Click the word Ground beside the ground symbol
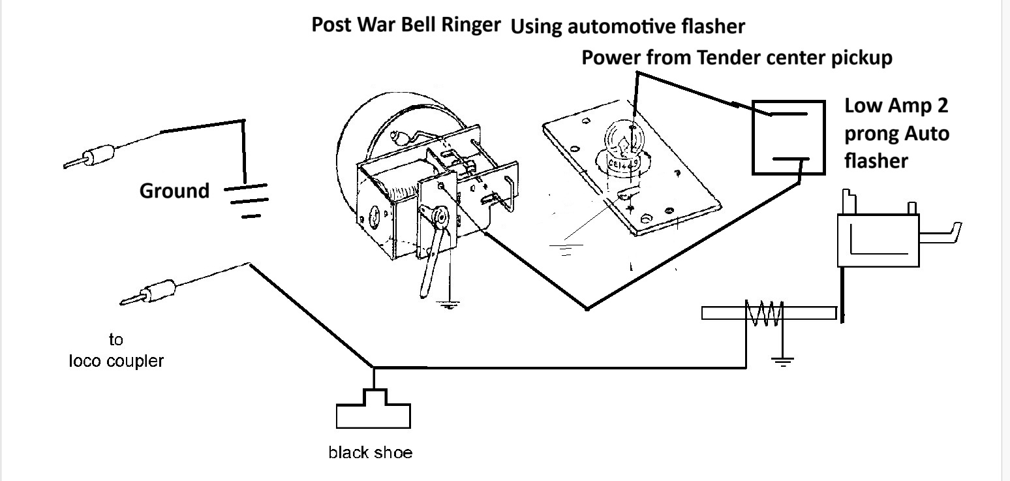pos(174,191)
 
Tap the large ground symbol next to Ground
pos(246,200)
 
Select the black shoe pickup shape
pos(373,409)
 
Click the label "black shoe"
pos(370,452)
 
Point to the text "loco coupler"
pos(116,361)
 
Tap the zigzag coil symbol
pos(764,313)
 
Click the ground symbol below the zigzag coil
pos(782,360)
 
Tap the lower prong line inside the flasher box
pos(791,159)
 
